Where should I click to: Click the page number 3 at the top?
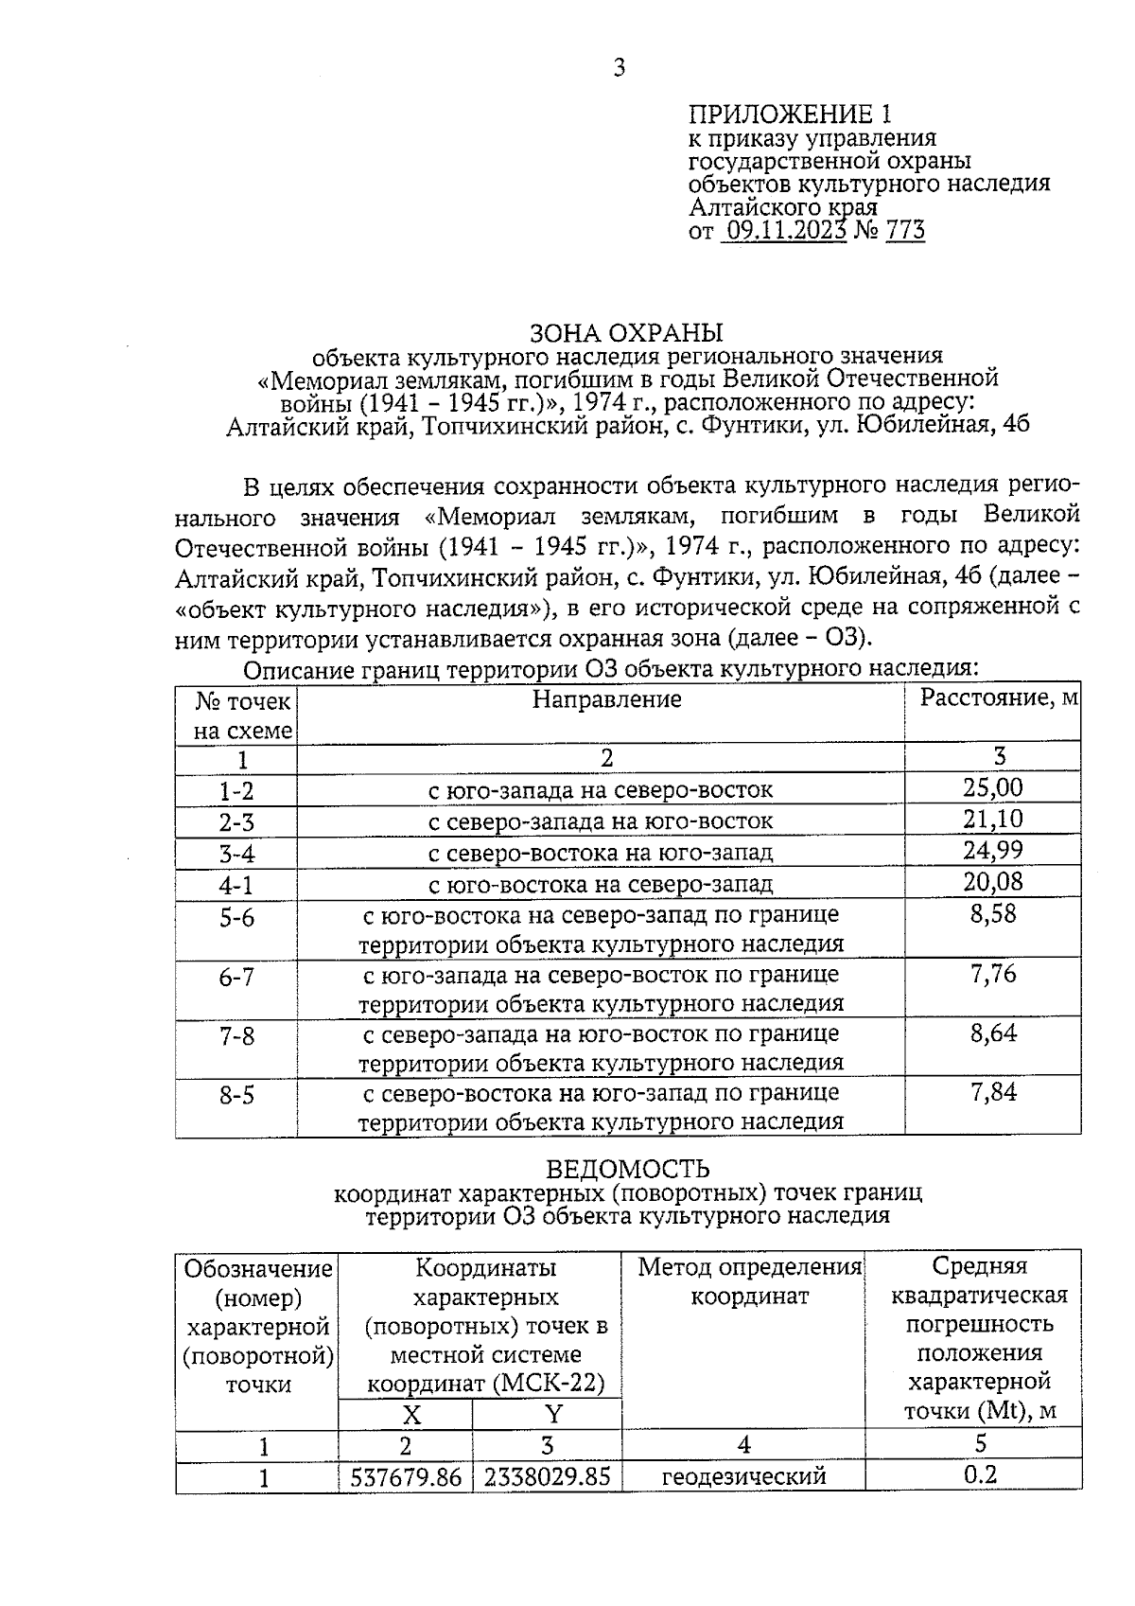click(620, 67)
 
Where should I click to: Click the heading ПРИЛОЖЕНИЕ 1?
click(790, 115)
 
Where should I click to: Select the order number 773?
click(905, 230)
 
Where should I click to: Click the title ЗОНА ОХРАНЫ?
click(626, 333)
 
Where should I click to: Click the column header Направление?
click(606, 699)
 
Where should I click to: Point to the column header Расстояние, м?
click(1000, 697)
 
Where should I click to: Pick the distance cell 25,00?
click(993, 787)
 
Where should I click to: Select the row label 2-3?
click(236, 821)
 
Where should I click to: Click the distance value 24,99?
click(993, 850)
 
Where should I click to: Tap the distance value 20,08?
click(993, 882)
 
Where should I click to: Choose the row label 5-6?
click(236, 918)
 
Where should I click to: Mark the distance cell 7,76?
click(993, 974)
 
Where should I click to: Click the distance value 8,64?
click(993, 1032)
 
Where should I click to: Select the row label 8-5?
click(236, 1096)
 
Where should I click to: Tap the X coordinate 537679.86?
click(406, 1476)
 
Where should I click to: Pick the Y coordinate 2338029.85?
click(547, 1476)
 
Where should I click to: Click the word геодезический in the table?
click(743, 1476)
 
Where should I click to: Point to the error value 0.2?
click(981, 1474)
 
